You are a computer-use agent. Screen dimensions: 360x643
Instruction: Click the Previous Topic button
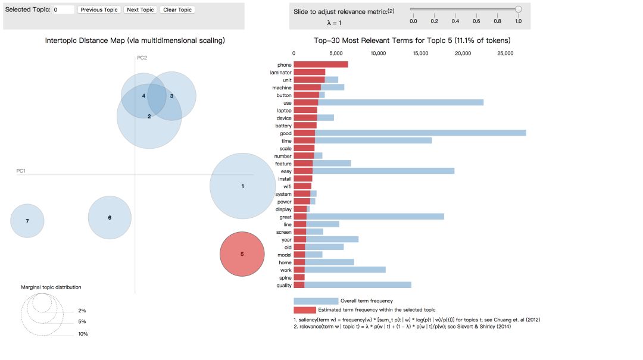(x=99, y=10)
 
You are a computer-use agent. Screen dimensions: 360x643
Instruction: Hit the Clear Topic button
(x=177, y=10)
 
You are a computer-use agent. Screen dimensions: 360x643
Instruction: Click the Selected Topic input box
(x=63, y=10)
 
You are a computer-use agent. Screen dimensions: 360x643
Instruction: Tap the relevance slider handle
(x=518, y=9)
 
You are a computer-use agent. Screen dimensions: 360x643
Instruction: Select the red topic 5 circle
(x=242, y=253)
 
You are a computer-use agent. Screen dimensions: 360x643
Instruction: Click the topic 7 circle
(x=27, y=221)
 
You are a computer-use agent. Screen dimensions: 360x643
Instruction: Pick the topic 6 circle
(x=110, y=217)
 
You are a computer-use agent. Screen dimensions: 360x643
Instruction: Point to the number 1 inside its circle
(x=243, y=186)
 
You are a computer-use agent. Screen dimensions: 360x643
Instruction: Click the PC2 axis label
(x=142, y=58)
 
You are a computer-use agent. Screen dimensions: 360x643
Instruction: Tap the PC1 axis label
(x=21, y=171)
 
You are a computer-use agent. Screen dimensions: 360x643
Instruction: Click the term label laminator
(x=280, y=72)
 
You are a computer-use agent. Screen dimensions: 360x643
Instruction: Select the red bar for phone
(x=321, y=64)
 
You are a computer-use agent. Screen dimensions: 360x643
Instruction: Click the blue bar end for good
(x=524, y=133)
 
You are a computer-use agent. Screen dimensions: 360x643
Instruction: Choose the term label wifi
(x=286, y=186)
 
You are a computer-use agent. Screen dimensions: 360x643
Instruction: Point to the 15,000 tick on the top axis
(x=420, y=53)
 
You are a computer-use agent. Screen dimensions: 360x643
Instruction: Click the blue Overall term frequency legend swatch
(x=316, y=301)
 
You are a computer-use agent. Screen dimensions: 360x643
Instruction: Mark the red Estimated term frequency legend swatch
(x=305, y=310)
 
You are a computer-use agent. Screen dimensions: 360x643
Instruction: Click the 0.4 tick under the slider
(x=455, y=21)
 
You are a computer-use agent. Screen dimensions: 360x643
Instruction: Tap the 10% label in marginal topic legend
(x=83, y=334)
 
